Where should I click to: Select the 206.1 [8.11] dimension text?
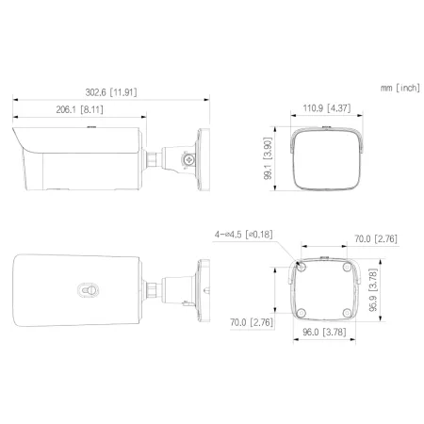(x=79, y=109)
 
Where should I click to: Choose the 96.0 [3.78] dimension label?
(x=323, y=334)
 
